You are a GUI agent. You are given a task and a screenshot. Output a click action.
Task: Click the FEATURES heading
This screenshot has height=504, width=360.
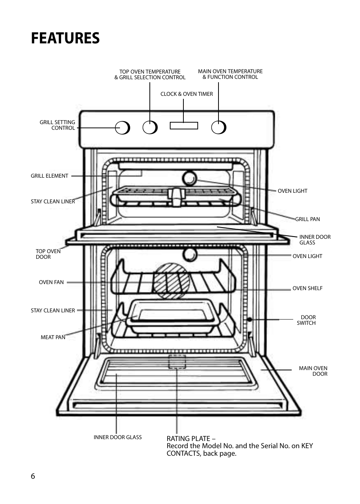point(65,38)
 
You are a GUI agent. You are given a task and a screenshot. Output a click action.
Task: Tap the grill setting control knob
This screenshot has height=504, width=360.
point(122,128)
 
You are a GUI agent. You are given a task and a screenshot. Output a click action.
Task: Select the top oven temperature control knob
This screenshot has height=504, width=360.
point(150,128)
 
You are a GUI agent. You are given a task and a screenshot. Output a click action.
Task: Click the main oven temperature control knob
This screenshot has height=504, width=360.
point(218,128)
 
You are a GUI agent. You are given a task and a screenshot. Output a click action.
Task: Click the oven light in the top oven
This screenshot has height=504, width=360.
point(189,179)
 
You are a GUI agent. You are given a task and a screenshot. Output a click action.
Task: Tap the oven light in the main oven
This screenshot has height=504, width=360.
point(189,255)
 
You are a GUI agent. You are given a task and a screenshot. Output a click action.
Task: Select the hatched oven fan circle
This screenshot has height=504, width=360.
point(171,281)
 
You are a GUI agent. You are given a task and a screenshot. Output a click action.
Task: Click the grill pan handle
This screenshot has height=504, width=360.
point(176,197)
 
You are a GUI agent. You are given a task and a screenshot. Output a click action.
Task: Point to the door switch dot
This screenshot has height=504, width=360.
point(249,320)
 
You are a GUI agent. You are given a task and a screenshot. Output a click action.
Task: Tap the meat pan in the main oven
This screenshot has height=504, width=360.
point(172,316)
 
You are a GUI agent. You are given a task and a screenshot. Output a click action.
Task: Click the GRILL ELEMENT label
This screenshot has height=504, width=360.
point(49,176)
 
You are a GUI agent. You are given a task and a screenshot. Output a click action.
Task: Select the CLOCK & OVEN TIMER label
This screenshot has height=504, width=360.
point(186,94)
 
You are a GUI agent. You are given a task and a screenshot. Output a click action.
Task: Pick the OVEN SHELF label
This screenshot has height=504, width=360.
point(307,288)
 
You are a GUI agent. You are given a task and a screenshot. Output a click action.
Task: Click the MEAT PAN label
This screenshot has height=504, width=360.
point(53,337)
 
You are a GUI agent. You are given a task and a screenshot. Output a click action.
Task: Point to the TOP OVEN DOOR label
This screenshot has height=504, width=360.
point(48,254)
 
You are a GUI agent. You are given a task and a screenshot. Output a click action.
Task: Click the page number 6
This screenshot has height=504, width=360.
point(33,476)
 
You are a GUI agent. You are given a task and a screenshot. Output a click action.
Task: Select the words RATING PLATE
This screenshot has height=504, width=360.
point(188,438)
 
